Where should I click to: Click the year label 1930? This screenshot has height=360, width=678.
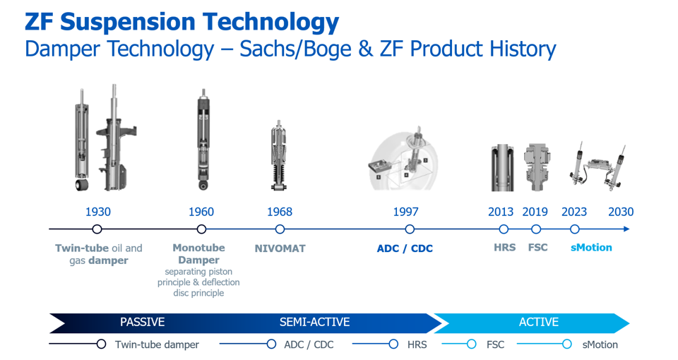click(97, 212)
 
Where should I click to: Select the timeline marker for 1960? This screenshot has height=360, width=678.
click(201, 229)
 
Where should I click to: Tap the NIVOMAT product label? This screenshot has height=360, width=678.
click(280, 248)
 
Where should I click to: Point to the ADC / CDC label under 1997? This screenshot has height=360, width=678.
click(405, 248)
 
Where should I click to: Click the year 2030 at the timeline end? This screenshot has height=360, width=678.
click(621, 212)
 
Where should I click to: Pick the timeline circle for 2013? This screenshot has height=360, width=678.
click(504, 229)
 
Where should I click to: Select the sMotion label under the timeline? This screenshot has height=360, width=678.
click(591, 248)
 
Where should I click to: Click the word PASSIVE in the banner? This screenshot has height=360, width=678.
click(142, 322)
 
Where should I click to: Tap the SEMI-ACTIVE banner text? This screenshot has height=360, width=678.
click(314, 322)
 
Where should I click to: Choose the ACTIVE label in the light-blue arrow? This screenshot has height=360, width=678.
click(539, 322)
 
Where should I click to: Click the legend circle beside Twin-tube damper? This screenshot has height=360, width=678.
click(101, 344)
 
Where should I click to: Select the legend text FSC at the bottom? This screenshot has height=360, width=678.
click(495, 344)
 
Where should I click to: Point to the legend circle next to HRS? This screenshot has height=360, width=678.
click(393, 344)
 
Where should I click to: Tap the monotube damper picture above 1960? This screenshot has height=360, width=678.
click(203, 140)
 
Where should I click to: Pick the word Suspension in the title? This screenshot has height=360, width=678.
click(129, 22)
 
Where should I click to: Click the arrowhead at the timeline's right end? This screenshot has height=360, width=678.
click(626, 229)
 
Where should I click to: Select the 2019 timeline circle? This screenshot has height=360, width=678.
click(536, 229)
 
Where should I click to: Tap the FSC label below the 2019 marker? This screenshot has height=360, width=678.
click(538, 248)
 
